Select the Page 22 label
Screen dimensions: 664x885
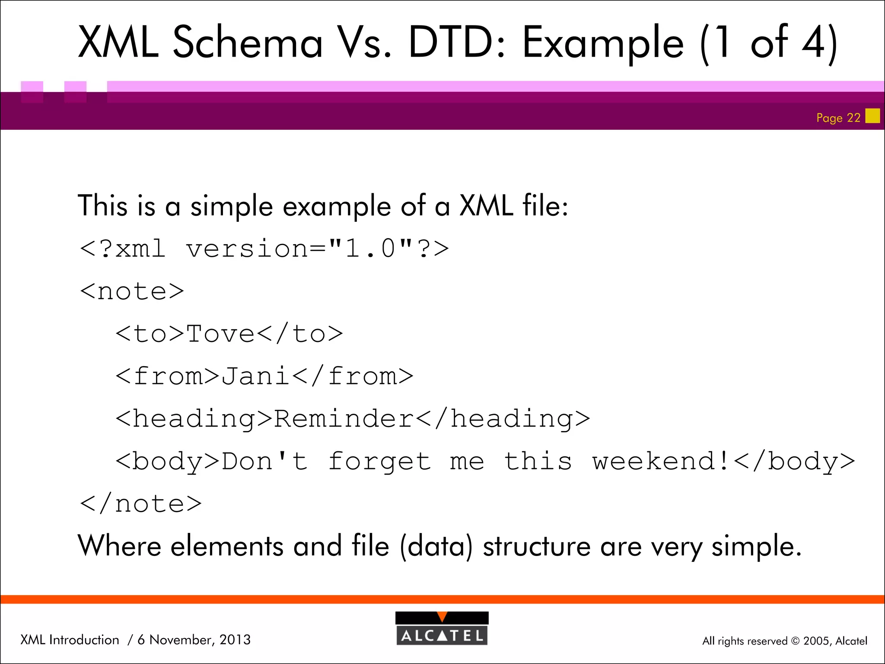(838, 118)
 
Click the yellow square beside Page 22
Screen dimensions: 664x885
(872, 116)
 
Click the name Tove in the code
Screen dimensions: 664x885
(220, 334)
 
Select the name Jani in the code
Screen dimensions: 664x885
(255, 376)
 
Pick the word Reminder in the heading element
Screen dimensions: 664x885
(344, 418)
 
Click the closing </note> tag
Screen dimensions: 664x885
(140, 504)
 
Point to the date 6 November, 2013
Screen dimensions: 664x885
(194, 640)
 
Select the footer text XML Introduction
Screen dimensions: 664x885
(70, 640)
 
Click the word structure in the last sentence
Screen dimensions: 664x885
(536, 546)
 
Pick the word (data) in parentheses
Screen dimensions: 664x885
(436, 546)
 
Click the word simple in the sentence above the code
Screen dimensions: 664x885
(232, 206)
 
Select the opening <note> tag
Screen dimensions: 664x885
(132, 291)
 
